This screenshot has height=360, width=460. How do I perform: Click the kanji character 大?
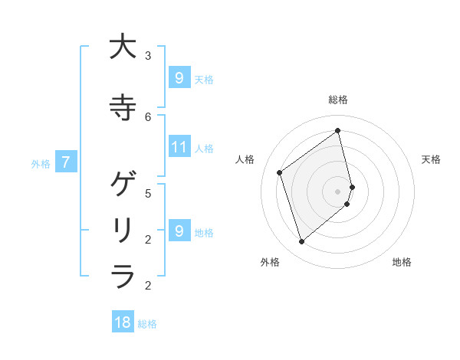point(123,47)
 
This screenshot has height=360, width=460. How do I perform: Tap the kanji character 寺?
point(123,106)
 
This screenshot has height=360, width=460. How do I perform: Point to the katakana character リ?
point(123,230)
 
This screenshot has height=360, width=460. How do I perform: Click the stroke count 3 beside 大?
point(148,56)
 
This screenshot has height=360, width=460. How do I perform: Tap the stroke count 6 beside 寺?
point(148,116)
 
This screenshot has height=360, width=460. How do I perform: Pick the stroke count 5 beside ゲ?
point(148,194)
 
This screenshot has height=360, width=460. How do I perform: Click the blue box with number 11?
point(179,147)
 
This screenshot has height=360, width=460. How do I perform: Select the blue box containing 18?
point(123,322)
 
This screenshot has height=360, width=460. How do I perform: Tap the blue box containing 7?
point(66,162)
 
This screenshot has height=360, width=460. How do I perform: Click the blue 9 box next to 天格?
point(179,78)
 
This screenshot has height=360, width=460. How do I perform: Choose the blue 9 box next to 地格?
point(179,231)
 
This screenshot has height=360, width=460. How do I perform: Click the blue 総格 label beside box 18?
point(147,324)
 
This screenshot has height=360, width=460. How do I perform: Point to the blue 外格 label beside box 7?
point(41,163)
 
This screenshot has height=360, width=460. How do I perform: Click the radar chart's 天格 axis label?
point(431,159)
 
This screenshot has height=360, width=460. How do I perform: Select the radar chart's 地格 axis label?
point(402,262)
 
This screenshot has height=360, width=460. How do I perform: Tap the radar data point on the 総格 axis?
point(338,131)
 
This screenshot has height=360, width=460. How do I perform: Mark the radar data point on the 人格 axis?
point(280,172)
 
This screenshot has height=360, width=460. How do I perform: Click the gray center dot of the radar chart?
point(338,191)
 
